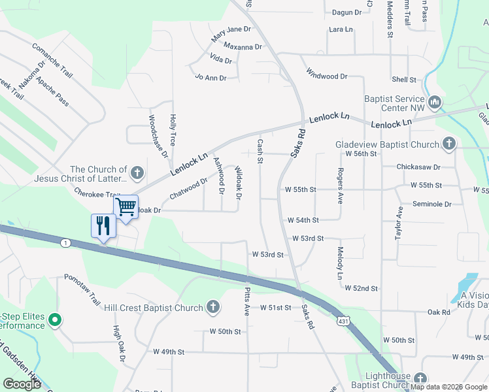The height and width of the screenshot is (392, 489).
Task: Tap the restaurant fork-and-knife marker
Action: click(x=103, y=225)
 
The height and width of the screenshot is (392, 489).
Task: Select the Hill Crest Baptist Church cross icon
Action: click(x=212, y=307)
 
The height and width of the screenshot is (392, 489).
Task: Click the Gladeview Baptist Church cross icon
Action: click(x=448, y=144)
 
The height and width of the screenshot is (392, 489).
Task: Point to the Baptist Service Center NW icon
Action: click(x=435, y=102)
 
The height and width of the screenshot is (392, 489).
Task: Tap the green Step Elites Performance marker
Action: click(x=56, y=320)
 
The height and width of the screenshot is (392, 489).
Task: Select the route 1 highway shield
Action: click(x=66, y=243)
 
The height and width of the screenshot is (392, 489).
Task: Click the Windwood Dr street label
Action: click(x=326, y=76)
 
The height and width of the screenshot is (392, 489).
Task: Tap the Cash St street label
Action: click(x=260, y=151)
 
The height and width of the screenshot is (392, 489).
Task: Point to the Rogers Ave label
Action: click(x=341, y=185)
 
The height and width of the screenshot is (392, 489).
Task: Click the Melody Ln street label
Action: click(x=340, y=263)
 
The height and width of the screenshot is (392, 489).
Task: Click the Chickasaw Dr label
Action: click(x=418, y=167)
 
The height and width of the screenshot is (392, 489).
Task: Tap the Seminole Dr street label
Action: click(x=431, y=204)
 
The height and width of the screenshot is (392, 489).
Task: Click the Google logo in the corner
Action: click(x=22, y=384)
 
